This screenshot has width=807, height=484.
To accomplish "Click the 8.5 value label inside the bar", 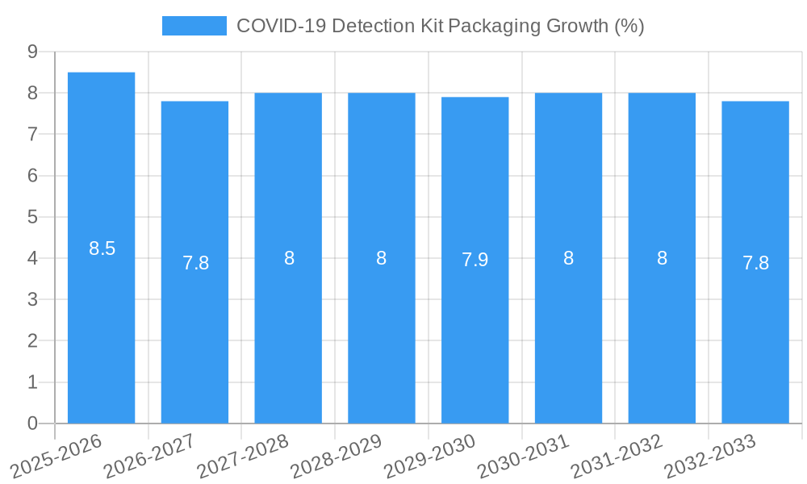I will (x=102, y=248).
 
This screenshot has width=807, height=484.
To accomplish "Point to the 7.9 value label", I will (x=475, y=260).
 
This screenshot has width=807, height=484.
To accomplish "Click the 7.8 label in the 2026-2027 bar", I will (x=195, y=263).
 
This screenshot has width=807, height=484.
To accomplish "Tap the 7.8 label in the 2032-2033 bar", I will (x=755, y=263).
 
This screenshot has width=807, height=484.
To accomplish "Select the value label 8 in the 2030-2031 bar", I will (x=568, y=258).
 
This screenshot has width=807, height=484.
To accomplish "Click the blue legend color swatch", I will (x=194, y=26).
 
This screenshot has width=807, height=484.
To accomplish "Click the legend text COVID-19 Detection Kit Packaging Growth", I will (x=440, y=26).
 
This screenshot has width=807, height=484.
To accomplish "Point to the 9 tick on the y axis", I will (x=32, y=52).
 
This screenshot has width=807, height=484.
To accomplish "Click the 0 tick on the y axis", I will (x=32, y=423).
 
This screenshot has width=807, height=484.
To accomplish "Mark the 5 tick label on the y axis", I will (x=32, y=217).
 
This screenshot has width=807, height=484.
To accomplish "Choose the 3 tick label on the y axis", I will (x=32, y=299).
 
